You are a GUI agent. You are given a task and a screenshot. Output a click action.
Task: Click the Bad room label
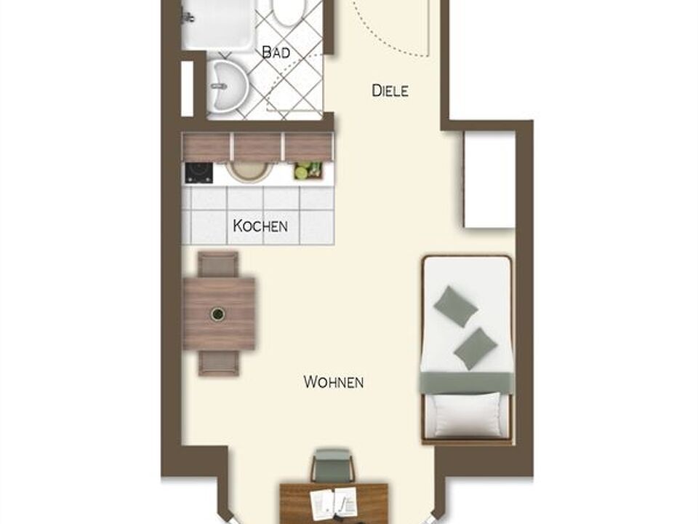pos(276,52)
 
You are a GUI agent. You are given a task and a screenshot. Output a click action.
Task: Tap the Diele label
pos(390,91)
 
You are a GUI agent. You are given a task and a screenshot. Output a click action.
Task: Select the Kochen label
pos(260,226)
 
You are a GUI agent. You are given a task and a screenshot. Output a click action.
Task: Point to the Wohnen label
pos(334,382)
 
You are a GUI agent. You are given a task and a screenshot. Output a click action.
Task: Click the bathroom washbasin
pos(228,86)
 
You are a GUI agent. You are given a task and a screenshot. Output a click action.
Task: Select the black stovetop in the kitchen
pos(198,173)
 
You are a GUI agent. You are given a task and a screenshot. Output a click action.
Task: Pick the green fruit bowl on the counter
pos(308,171)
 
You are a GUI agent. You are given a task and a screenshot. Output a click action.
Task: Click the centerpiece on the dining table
pos(217,314)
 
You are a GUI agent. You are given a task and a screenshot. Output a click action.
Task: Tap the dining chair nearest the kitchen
pos(217,263)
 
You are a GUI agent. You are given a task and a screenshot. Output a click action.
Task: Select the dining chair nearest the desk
pos(218,363)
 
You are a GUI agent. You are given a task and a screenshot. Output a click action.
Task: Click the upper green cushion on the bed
pos(456,306)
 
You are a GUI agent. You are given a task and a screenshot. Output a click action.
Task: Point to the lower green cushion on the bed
pos(476,349)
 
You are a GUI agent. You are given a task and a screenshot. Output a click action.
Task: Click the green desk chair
pos(334,466)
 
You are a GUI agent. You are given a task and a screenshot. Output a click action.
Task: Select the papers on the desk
pos(334,504)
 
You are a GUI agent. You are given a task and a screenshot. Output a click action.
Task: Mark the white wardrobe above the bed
pos(489,179)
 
